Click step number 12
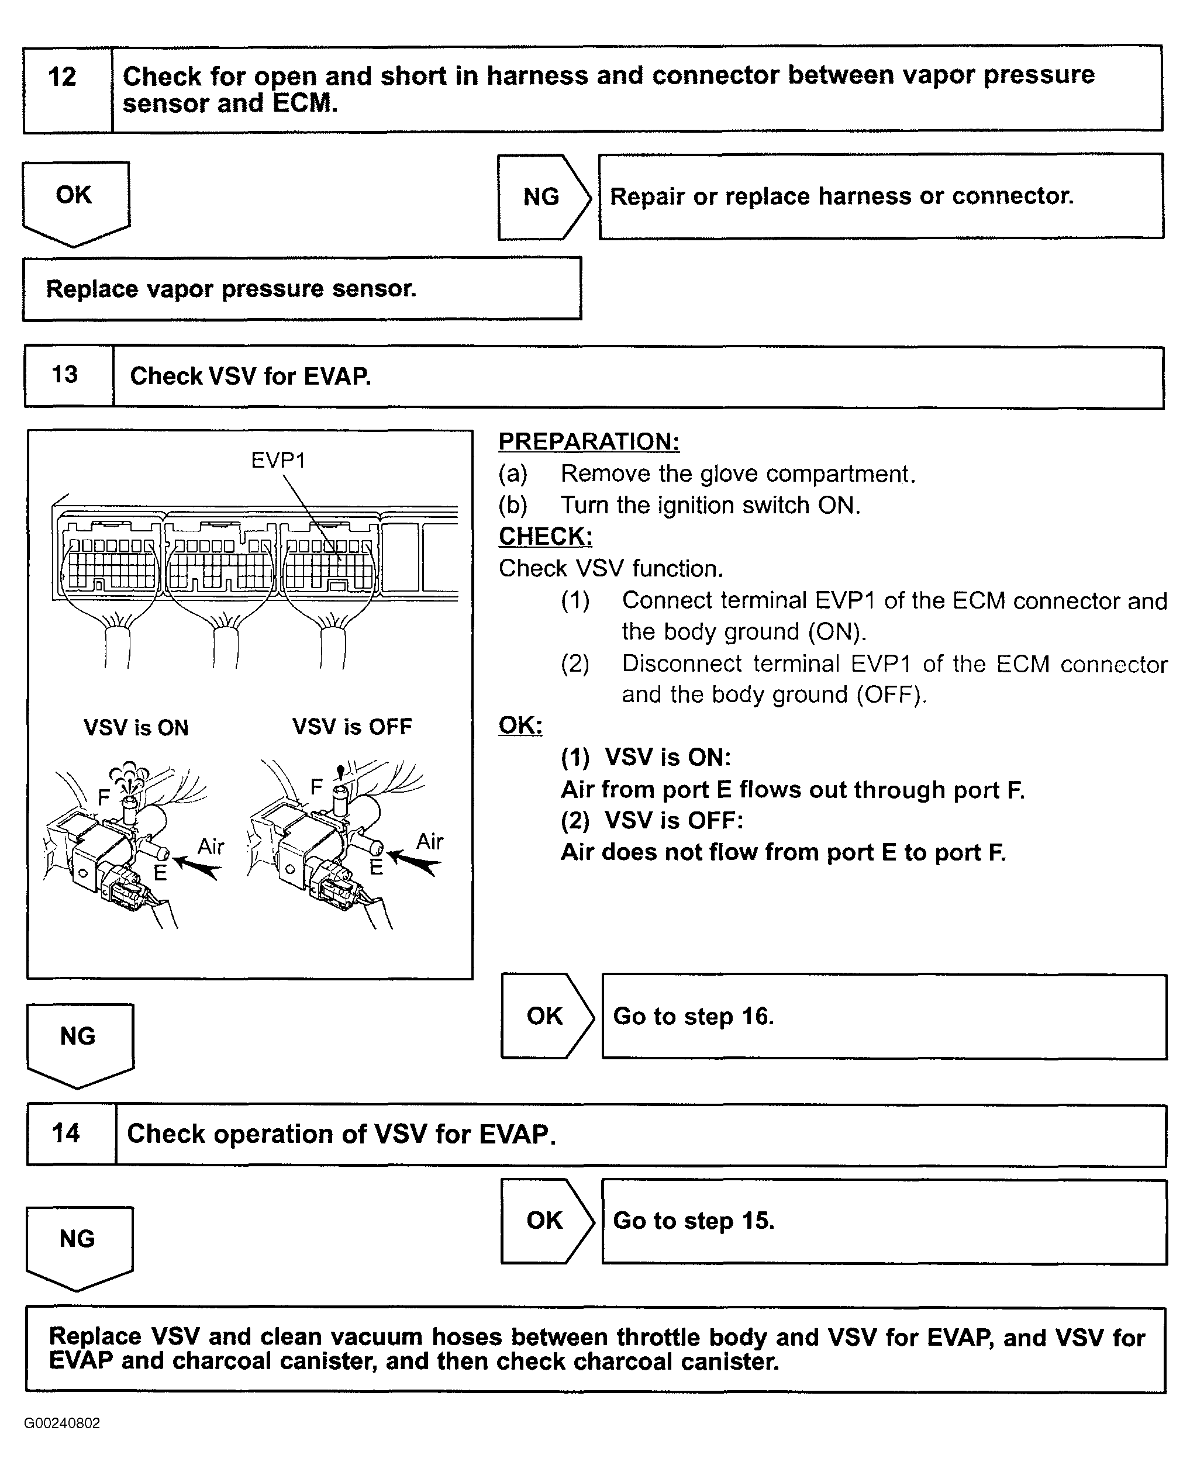pyautogui.click(x=63, y=77)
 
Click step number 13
pyautogui.click(x=65, y=375)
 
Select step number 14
pyautogui.click(x=66, y=1133)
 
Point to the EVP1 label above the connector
pyautogui.click(x=278, y=460)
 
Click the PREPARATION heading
pyautogui.click(x=589, y=441)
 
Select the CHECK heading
pyautogui.click(x=545, y=536)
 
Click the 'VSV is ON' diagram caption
pyautogui.click(x=136, y=727)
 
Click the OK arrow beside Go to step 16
pyautogui.click(x=545, y=1015)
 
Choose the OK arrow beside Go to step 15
pyautogui.click(x=545, y=1221)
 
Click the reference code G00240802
pyautogui.click(x=63, y=1423)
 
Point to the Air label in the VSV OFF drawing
pyautogui.click(x=430, y=842)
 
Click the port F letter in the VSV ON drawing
pyautogui.click(x=104, y=797)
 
